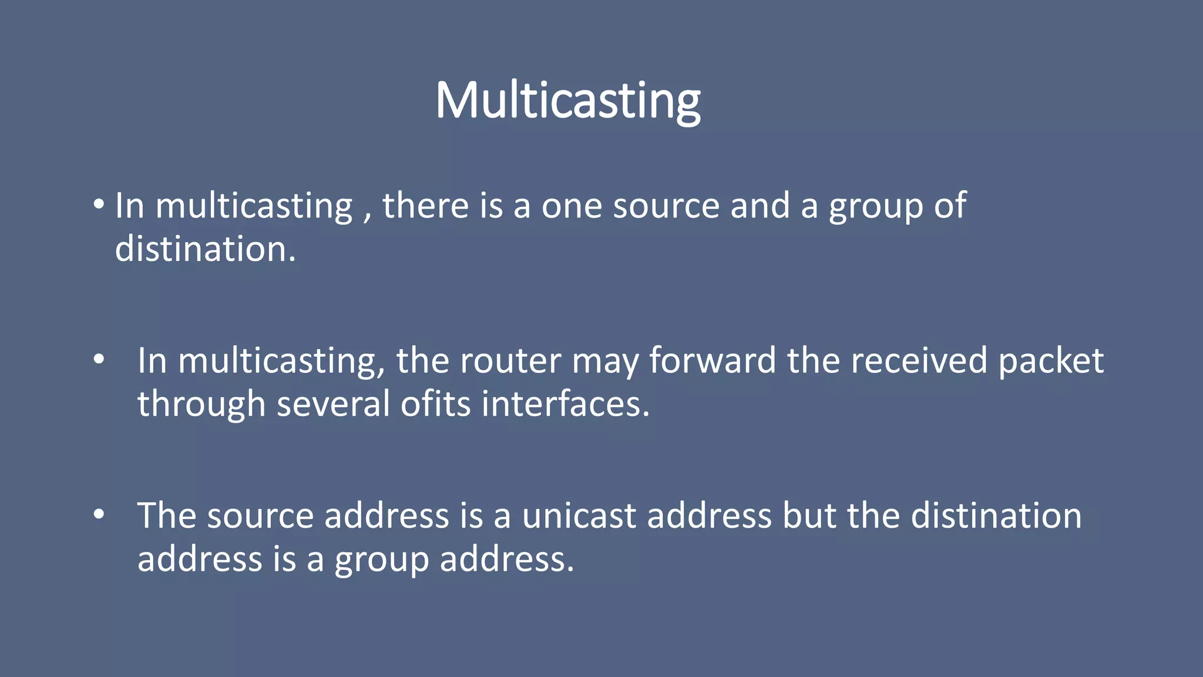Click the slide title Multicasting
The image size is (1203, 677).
(x=567, y=101)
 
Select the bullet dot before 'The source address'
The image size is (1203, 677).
(x=99, y=514)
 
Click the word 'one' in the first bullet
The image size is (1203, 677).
(x=572, y=207)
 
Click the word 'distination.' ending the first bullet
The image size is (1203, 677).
(x=205, y=249)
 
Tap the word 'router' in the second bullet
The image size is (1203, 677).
(x=510, y=361)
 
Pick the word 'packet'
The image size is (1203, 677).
(x=1050, y=362)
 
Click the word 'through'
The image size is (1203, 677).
(x=201, y=405)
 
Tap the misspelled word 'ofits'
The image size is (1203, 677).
(x=435, y=404)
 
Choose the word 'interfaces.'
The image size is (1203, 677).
(x=565, y=404)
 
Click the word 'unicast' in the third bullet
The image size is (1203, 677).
(x=579, y=516)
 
